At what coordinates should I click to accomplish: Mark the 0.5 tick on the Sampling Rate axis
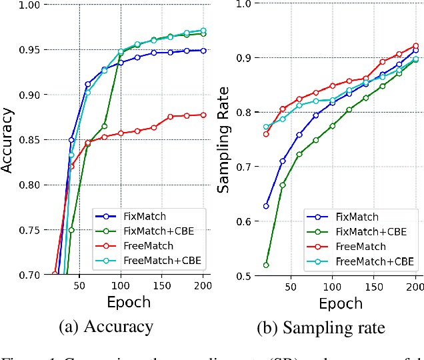click(x=242, y=275)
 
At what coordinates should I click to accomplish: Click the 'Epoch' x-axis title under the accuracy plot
click(x=129, y=302)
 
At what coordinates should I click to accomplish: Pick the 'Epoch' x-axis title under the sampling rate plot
click(x=340, y=303)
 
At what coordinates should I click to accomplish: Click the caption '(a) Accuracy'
click(x=106, y=327)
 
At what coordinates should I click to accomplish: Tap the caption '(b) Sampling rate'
click(x=319, y=327)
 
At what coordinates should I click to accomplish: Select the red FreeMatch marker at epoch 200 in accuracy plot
click(x=203, y=115)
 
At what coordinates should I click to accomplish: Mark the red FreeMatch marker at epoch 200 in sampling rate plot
click(x=415, y=46)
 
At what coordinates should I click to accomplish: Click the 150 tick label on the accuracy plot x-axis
click(x=161, y=285)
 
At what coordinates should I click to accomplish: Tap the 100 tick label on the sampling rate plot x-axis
click(x=333, y=287)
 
